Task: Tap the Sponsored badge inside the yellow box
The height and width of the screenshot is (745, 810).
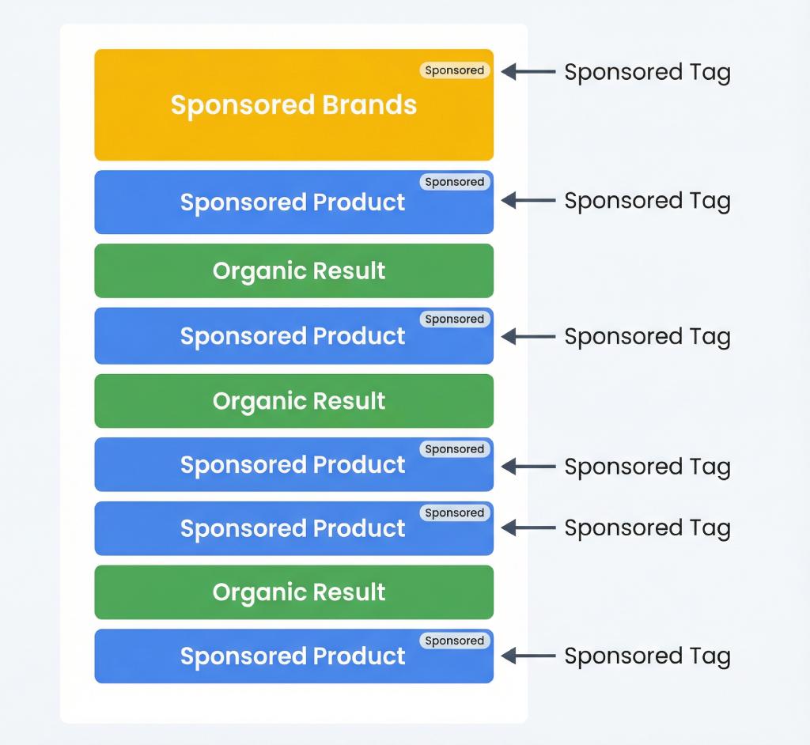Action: (x=454, y=70)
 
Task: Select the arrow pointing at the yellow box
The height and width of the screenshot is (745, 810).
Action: (x=528, y=72)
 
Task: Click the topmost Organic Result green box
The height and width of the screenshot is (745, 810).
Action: (x=293, y=270)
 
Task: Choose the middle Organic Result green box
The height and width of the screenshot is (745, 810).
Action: (x=293, y=401)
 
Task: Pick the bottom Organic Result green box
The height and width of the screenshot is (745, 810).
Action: (x=293, y=592)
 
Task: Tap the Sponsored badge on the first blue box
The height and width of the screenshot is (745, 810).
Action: (x=454, y=182)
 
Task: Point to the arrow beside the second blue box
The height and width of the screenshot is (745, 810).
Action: (x=528, y=337)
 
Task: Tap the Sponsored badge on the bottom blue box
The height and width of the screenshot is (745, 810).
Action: (x=454, y=641)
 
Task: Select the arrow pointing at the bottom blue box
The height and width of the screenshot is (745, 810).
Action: (x=528, y=656)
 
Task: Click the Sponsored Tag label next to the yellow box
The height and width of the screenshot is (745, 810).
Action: (x=647, y=72)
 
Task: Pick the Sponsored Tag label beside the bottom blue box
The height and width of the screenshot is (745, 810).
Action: (x=647, y=656)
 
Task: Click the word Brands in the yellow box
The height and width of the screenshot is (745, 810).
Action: (x=369, y=105)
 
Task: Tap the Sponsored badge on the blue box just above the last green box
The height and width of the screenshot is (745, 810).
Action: (x=454, y=512)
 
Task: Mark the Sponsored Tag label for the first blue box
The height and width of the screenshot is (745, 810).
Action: (x=647, y=201)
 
